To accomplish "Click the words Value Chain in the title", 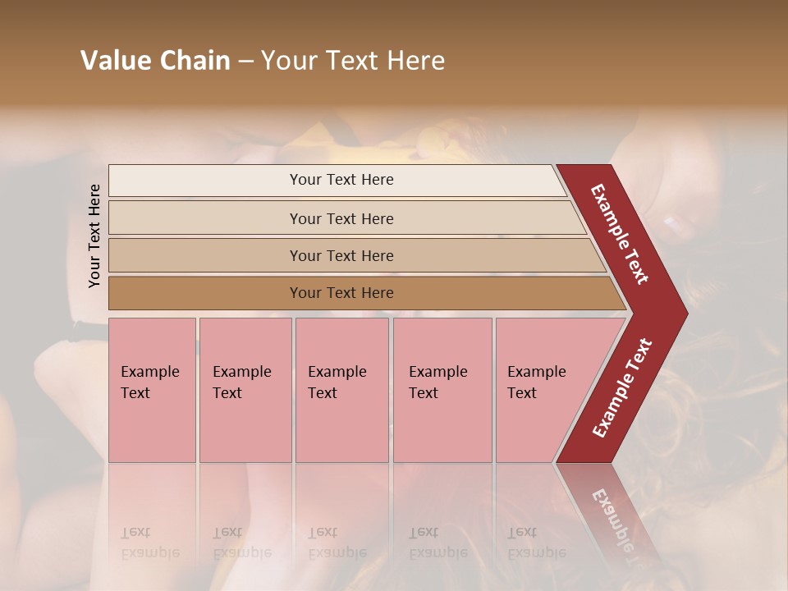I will pos(155,61).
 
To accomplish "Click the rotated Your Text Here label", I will pos(94,236).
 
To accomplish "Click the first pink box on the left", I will pos(152,390).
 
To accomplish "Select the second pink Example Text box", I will pos(245,390).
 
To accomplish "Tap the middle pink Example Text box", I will pos(341,390).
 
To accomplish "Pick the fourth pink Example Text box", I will pos(442,390).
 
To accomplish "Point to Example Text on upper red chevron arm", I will pos(619,234).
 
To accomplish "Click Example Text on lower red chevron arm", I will pos(622,388).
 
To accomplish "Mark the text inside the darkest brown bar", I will pos(341,293).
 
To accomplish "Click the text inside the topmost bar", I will pos(341,180).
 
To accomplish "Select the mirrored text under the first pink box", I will pos(149,543).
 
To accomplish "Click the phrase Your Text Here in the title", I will pos(353,61).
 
